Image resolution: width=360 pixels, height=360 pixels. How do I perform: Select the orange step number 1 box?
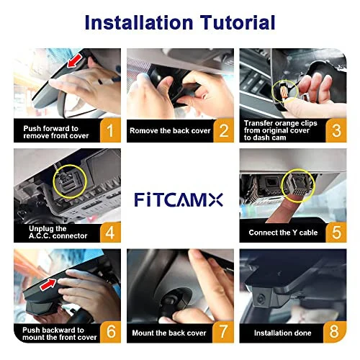point(109,130)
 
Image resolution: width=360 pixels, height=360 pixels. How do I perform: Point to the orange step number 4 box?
point(109,231)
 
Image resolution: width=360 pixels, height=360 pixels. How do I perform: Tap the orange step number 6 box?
point(109,332)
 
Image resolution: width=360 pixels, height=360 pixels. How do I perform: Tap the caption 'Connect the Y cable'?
point(283,233)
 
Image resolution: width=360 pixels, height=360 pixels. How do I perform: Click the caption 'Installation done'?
point(282,333)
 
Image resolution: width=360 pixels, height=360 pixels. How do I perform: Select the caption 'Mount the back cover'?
point(168,333)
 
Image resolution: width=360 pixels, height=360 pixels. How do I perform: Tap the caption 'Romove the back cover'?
point(169,131)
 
